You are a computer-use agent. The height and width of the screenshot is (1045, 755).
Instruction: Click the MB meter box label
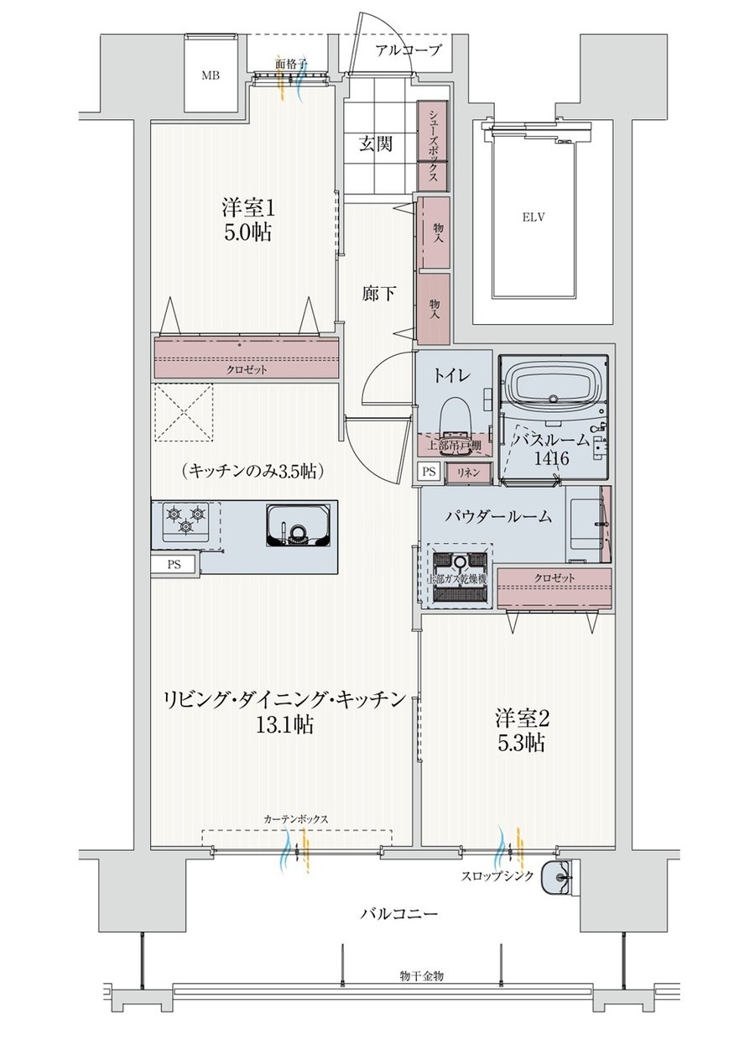click(211, 75)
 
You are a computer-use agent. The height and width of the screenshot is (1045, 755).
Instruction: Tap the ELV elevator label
click(534, 217)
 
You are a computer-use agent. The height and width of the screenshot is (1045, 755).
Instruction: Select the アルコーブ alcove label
click(408, 50)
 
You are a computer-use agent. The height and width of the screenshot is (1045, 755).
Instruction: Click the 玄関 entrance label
click(375, 144)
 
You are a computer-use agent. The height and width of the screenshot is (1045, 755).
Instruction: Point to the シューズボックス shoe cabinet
click(433, 146)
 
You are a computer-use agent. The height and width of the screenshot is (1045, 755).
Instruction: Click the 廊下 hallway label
click(378, 293)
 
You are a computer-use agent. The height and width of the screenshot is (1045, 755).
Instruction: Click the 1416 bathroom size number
click(551, 458)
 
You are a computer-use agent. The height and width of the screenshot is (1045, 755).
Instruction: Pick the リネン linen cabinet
click(468, 472)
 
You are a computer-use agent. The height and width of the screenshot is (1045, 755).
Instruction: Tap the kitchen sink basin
click(297, 525)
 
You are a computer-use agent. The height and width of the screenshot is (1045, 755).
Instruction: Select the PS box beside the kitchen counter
click(174, 565)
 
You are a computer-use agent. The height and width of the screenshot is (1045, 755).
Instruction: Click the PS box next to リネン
click(429, 472)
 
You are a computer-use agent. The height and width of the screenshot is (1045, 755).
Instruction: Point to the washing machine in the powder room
click(461, 577)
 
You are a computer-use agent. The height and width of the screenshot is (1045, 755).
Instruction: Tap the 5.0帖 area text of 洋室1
click(247, 232)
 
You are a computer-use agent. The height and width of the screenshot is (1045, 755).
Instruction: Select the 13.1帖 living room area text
click(284, 725)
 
